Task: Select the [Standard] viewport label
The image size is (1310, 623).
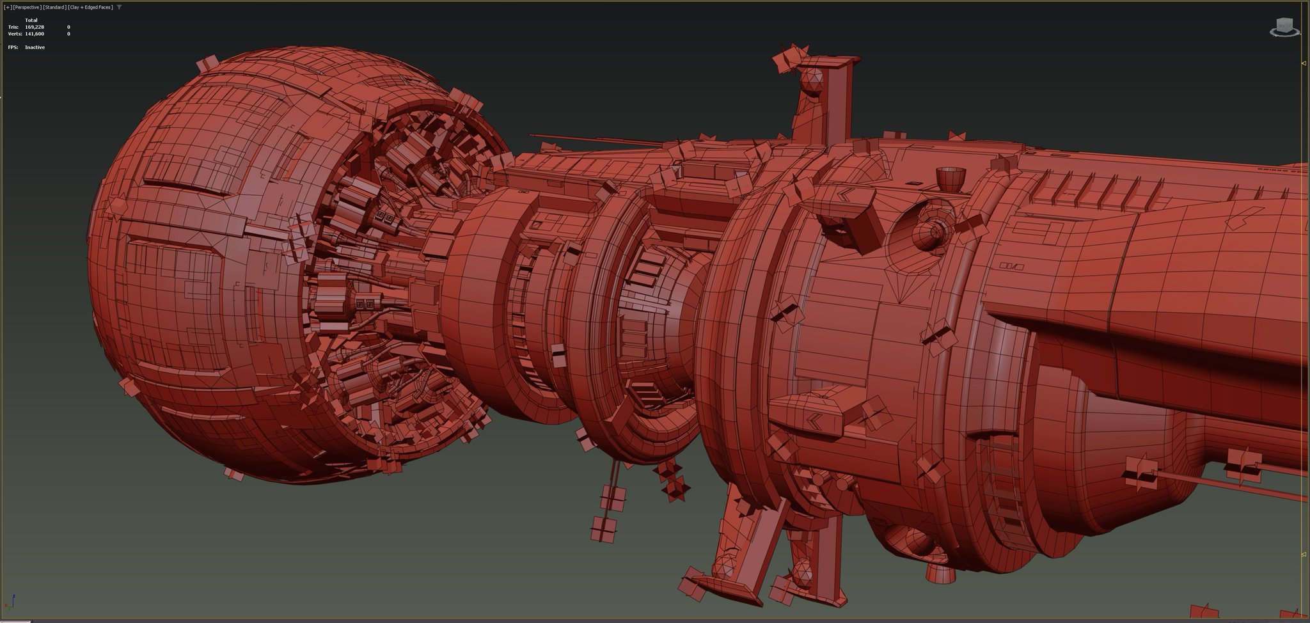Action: pos(54,7)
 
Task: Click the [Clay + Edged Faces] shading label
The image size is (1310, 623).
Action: pos(90,7)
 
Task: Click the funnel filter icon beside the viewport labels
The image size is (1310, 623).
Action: pos(119,7)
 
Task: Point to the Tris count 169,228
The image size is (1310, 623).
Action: pos(35,27)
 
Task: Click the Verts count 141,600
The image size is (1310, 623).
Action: pos(35,33)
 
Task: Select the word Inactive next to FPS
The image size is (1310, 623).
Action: pos(35,47)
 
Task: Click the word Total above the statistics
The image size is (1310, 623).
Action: pos(31,20)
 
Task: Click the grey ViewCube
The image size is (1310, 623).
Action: pos(1284,27)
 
